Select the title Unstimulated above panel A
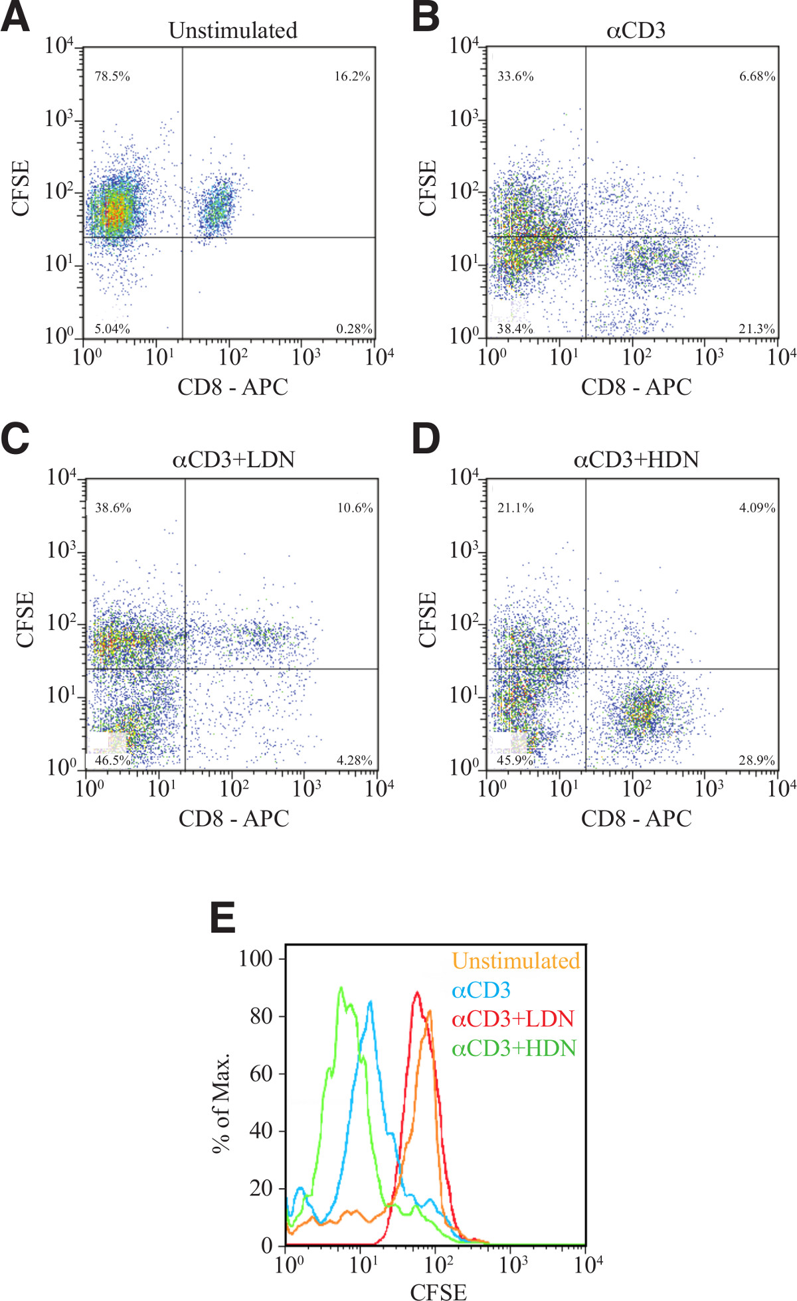[232, 31]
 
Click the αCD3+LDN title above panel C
[233, 459]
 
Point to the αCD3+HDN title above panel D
[636, 459]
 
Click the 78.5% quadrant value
[112, 76]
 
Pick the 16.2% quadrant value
[352, 76]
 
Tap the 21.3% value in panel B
[756, 329]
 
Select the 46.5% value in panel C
[112, 760]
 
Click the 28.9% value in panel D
[756, 760]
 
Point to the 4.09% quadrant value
[757, 508]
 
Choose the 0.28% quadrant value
[354, 329]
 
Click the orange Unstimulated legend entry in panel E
[516, 960]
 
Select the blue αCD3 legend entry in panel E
[481, 990]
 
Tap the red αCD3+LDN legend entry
[513, 1019]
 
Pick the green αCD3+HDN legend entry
[514, 1048]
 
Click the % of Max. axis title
[221, 1103]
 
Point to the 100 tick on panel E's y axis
[256, 958]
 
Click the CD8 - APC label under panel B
[636, 387]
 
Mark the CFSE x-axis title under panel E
[438, 1291]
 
